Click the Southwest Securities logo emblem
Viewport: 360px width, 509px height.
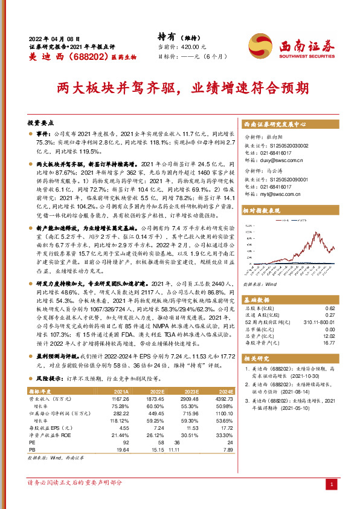pos(262,45)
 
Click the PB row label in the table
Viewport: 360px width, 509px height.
pos(33,450)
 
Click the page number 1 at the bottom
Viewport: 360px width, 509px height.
pos(332,484)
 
